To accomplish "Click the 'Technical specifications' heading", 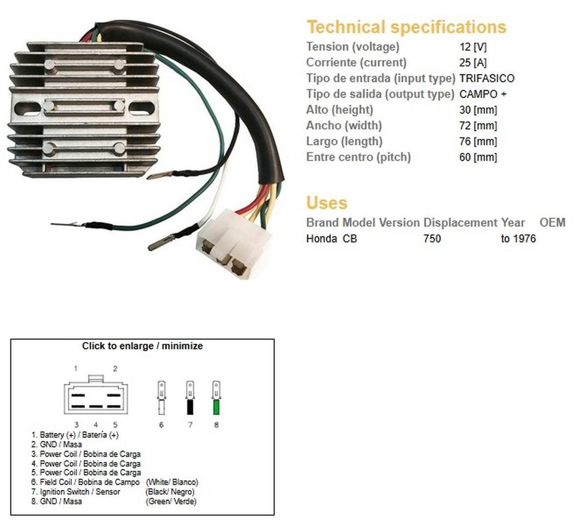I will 406,27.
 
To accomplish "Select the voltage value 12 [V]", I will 473,47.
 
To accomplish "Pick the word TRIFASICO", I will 486,78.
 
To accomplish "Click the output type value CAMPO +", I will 482,94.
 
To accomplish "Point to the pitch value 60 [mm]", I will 478,157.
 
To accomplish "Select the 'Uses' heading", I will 327,203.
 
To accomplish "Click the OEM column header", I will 552,223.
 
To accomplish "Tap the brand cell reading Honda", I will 321,239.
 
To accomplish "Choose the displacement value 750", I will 432,239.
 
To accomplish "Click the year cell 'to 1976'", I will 518,239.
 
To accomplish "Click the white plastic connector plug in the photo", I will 233,242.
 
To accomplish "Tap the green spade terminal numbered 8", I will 216,399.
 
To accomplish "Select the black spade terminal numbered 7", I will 190,399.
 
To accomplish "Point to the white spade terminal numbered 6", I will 161,399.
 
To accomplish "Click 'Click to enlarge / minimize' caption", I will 142,346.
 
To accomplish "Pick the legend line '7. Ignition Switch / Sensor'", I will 76,492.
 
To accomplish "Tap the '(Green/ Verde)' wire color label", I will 171,502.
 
